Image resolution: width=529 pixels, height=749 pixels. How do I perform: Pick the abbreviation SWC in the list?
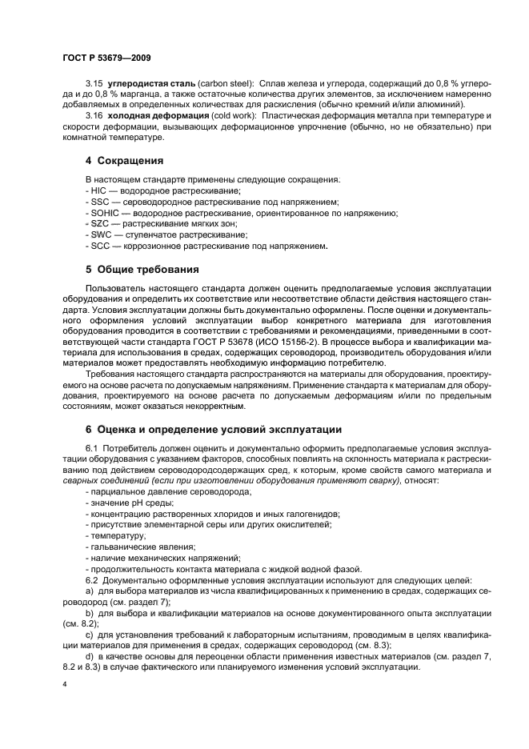[x=98, y=235]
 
